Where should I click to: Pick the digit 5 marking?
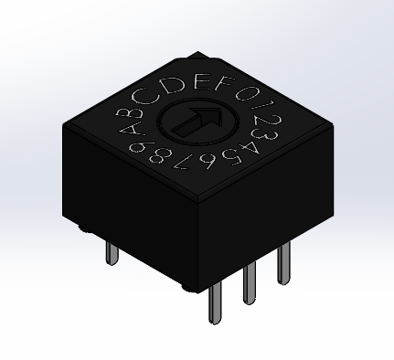coord(230,157)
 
